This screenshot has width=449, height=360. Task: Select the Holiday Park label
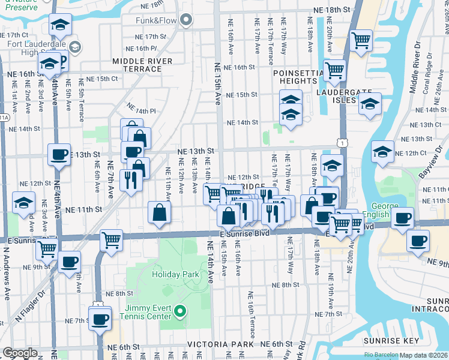tap(175, 274)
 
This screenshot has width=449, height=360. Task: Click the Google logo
tap(20, 353)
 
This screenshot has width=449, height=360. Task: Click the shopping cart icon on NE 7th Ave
tap(111, 240)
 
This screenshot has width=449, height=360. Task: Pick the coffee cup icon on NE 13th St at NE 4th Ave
tap(59, 154)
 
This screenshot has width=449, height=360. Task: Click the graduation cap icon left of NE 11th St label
tap(23, 203)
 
